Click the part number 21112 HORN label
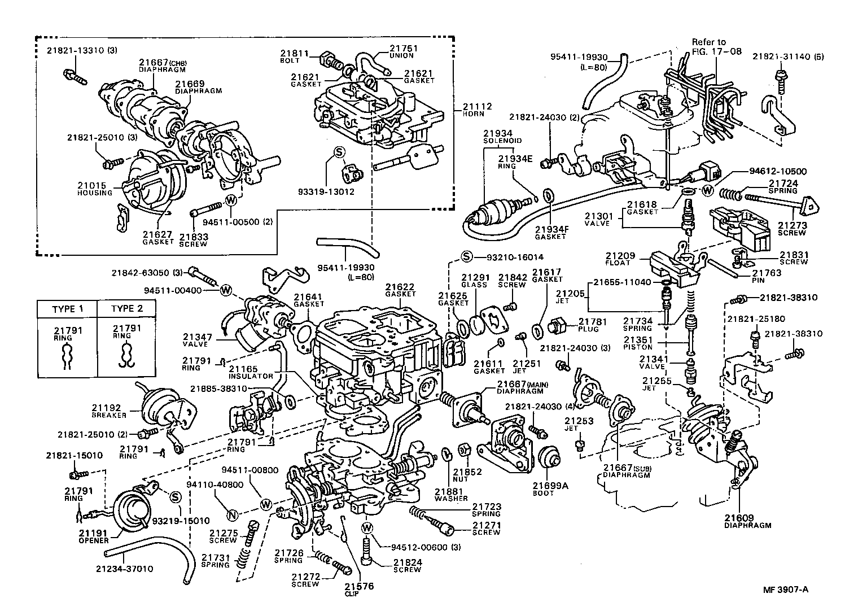477,109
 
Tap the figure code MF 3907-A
786,590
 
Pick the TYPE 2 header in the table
127,309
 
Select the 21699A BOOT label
544,488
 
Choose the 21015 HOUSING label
95,189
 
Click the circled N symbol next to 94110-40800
231,514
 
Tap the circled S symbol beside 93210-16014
467,257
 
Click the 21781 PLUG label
592,325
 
